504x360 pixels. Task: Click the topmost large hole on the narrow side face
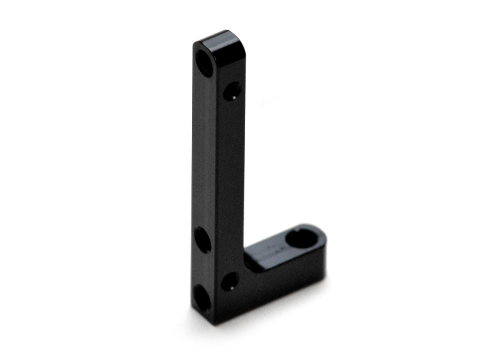point(204,63)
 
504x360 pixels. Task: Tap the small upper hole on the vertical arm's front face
point(232,91)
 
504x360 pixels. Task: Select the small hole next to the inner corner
point(230,282)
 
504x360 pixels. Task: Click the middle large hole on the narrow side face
point(202,239)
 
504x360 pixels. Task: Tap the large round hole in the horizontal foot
point(301,238)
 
